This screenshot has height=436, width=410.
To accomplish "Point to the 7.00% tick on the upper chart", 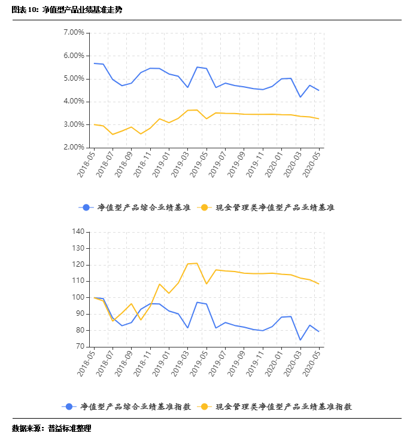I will tap(73, 33).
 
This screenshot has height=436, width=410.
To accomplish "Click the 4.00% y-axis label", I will tap(73, 102).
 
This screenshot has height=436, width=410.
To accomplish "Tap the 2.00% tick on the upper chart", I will tap(73, 147).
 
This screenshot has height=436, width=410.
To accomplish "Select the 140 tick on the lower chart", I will tap(78, 231).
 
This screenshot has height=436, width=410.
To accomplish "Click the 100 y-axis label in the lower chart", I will tap(78, 297).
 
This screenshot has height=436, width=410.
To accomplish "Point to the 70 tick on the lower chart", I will tap(80, 346).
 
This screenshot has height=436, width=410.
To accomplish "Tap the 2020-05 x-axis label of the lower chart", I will tap(312, 363).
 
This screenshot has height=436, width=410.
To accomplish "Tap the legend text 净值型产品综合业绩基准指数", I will tap(135, 407).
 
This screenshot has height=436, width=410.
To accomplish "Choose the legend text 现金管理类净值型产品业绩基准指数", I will tap(283, 407).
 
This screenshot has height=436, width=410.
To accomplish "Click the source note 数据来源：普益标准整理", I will tap(51, 428).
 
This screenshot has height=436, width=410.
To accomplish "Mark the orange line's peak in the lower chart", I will tap(197, 263).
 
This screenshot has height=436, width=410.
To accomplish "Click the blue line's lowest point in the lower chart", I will tap(300, 340).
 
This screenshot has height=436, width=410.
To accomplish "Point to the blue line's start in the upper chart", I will tap(94, 63).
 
